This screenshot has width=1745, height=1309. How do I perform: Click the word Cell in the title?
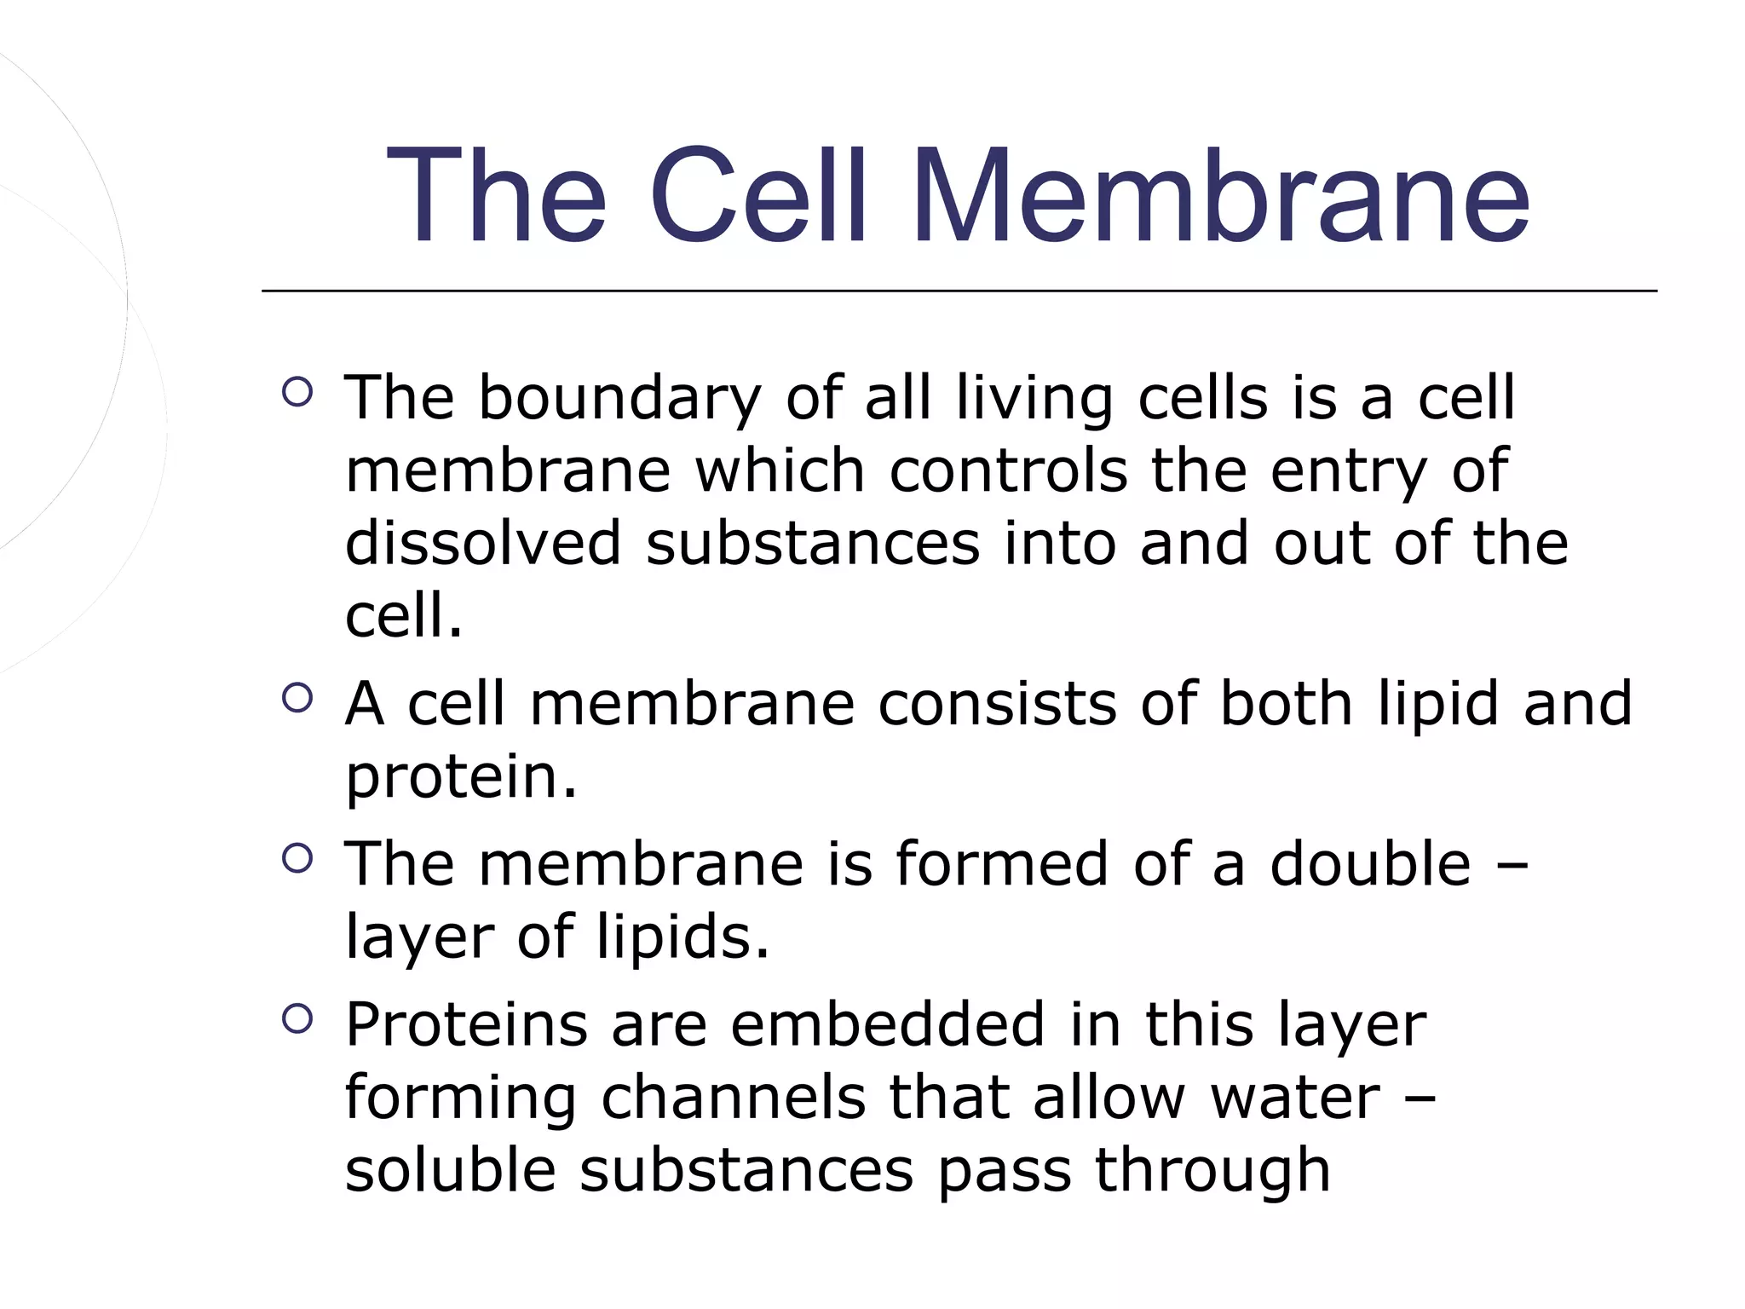coord(758,197)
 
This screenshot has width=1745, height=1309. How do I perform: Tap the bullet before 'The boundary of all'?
coord(297,392)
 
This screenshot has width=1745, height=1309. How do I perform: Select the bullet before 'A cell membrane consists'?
coord(297,698)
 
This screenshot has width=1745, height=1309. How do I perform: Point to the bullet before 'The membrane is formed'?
coord(297,858)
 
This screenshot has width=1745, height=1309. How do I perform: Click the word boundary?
coord(619,399)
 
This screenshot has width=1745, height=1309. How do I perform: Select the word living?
coord(1034,399)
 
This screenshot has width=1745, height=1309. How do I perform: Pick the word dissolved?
coord(483,544)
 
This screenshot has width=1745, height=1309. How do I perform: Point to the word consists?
coord(997,705)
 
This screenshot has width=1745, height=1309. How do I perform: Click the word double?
coord(1370,864)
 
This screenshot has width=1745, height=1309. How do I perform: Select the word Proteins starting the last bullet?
coord(466,1024)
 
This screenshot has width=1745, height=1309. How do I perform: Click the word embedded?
coord(888,1024)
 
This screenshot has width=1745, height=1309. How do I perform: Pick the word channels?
coord(734,1098)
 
